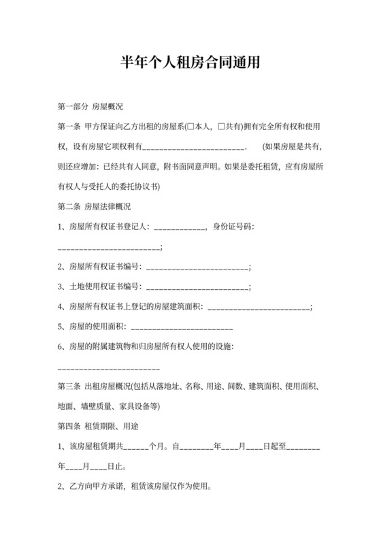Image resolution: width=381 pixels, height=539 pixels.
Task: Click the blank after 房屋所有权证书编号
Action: click(197, 267)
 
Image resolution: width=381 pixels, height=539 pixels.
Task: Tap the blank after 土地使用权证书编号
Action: click(197, 287)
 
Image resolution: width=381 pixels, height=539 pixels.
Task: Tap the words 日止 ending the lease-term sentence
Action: click(116, 468)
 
